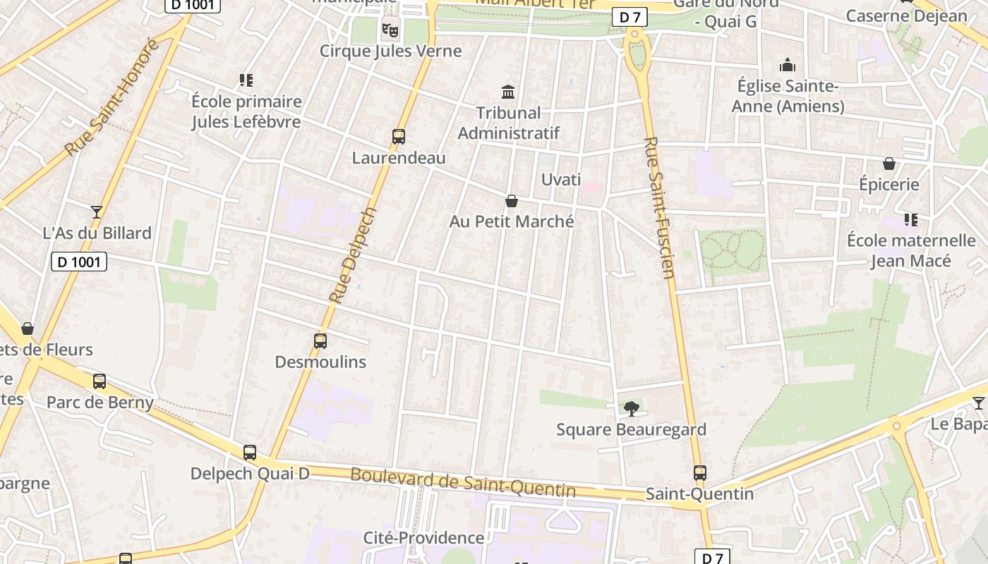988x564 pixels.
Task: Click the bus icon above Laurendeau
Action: click(399, 136)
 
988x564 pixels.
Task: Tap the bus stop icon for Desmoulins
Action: click(320, 341)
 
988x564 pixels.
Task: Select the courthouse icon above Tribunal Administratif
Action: click(508, 92)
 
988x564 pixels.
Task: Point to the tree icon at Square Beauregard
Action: click(632, 407)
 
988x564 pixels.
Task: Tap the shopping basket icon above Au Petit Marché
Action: click(512, 201)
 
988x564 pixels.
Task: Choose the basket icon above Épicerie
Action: click(889, 164)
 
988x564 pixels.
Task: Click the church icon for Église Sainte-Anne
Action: click(788, 66)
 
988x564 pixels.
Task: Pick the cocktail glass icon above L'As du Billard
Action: click(97, 211)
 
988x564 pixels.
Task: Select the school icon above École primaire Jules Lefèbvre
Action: click(246, 80)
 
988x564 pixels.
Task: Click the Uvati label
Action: click(561, 180)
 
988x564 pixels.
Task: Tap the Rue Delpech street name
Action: click(353, 255)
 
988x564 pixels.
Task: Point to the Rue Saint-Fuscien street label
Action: click(660, 207)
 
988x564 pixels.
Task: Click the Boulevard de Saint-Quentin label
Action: click(463, 483)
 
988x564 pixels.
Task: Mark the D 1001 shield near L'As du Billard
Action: click(79, 262)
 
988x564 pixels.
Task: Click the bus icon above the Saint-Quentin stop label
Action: click(700, 473)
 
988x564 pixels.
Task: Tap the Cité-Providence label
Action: click(423, 538)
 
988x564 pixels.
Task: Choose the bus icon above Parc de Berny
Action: click(100, 381)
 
